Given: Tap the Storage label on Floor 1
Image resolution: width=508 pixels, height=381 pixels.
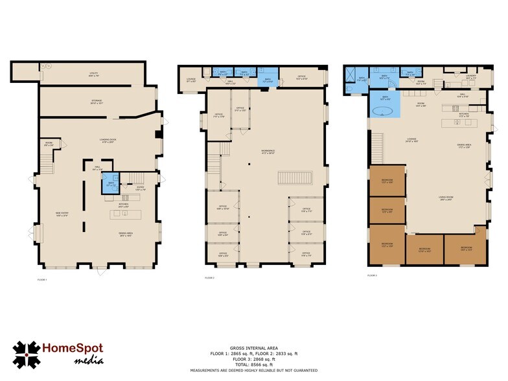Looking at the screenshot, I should [x=97, y=101].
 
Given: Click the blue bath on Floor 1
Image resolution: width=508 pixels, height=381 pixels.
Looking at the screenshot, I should [x=110, y=184].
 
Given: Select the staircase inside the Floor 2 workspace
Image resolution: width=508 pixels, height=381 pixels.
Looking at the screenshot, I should [x=295, y=178].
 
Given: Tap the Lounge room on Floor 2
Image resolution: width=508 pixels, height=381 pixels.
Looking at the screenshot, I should [x=191, y=81].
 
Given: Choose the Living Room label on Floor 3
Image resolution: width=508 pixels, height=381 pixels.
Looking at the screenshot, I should [x=445, y=199].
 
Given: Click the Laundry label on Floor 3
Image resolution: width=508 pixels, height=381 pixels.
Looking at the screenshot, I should [x=471, y=76].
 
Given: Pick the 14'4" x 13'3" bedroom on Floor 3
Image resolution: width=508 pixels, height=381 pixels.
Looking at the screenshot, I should [x=466, y=249].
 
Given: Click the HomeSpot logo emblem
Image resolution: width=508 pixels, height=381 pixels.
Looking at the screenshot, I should [x=27, y=354].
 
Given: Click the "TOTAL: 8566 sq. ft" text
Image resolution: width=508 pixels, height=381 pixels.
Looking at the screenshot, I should [x=253, y=364].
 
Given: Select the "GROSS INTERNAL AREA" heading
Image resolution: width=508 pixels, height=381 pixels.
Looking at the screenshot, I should [x=253, y=348].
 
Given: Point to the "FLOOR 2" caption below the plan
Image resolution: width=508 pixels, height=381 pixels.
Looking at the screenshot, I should [x=209, y=277].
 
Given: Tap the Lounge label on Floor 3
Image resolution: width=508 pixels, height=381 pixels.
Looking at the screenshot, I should [x=411, y=140].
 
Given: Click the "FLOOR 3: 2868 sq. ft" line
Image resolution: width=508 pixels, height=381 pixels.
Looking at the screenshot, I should [x=253, y=358].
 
